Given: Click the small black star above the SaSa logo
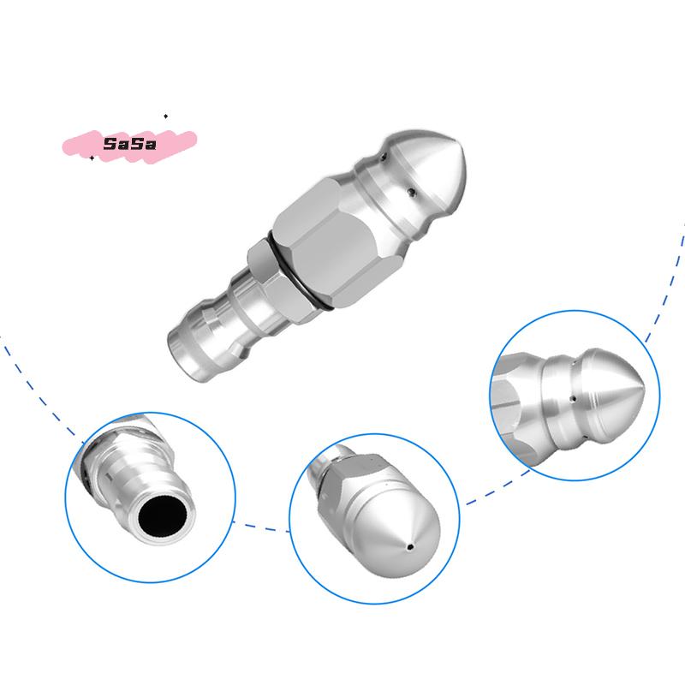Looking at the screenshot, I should (x=165, y=115).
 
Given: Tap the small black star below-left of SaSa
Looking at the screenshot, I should (x=92, y=158).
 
